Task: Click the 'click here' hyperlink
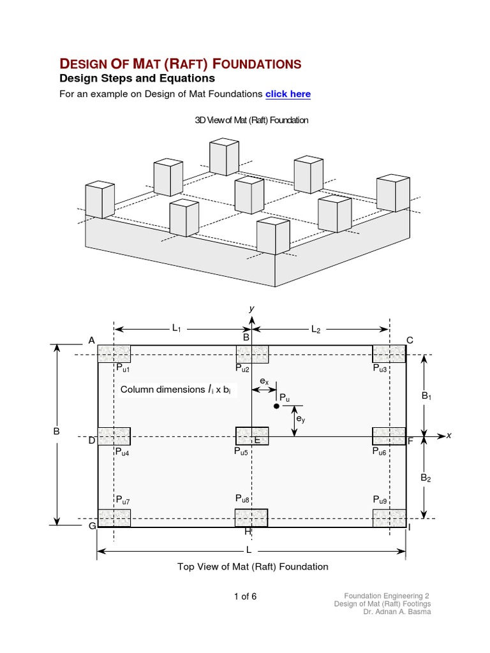288,94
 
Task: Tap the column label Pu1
123,368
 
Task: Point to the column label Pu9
380,501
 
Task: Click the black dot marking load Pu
276,406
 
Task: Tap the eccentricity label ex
264,381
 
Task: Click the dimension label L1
177,328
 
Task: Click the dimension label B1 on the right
427,397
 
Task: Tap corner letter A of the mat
91,341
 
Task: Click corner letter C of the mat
410,341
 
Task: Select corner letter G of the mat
92,526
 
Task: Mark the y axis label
252,309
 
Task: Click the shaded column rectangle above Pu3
389,353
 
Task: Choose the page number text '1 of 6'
245,597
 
